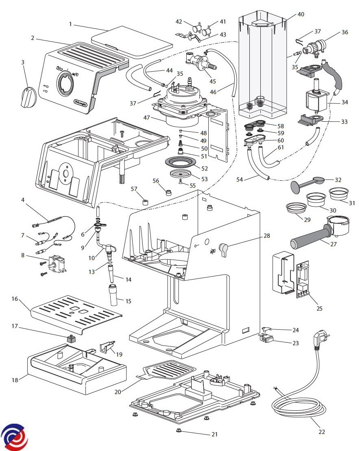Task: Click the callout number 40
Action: tap(301, 14)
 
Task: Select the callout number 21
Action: tap(214, 434)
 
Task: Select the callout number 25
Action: tap(319, 308)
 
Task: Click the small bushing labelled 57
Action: tap(144, 201)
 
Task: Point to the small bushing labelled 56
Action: tap(167, 191)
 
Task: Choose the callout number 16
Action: tap(15, 299)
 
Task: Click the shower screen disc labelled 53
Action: tap(181, 173)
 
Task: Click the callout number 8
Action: tap(23, 256)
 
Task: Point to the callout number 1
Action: tap(70, 24)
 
